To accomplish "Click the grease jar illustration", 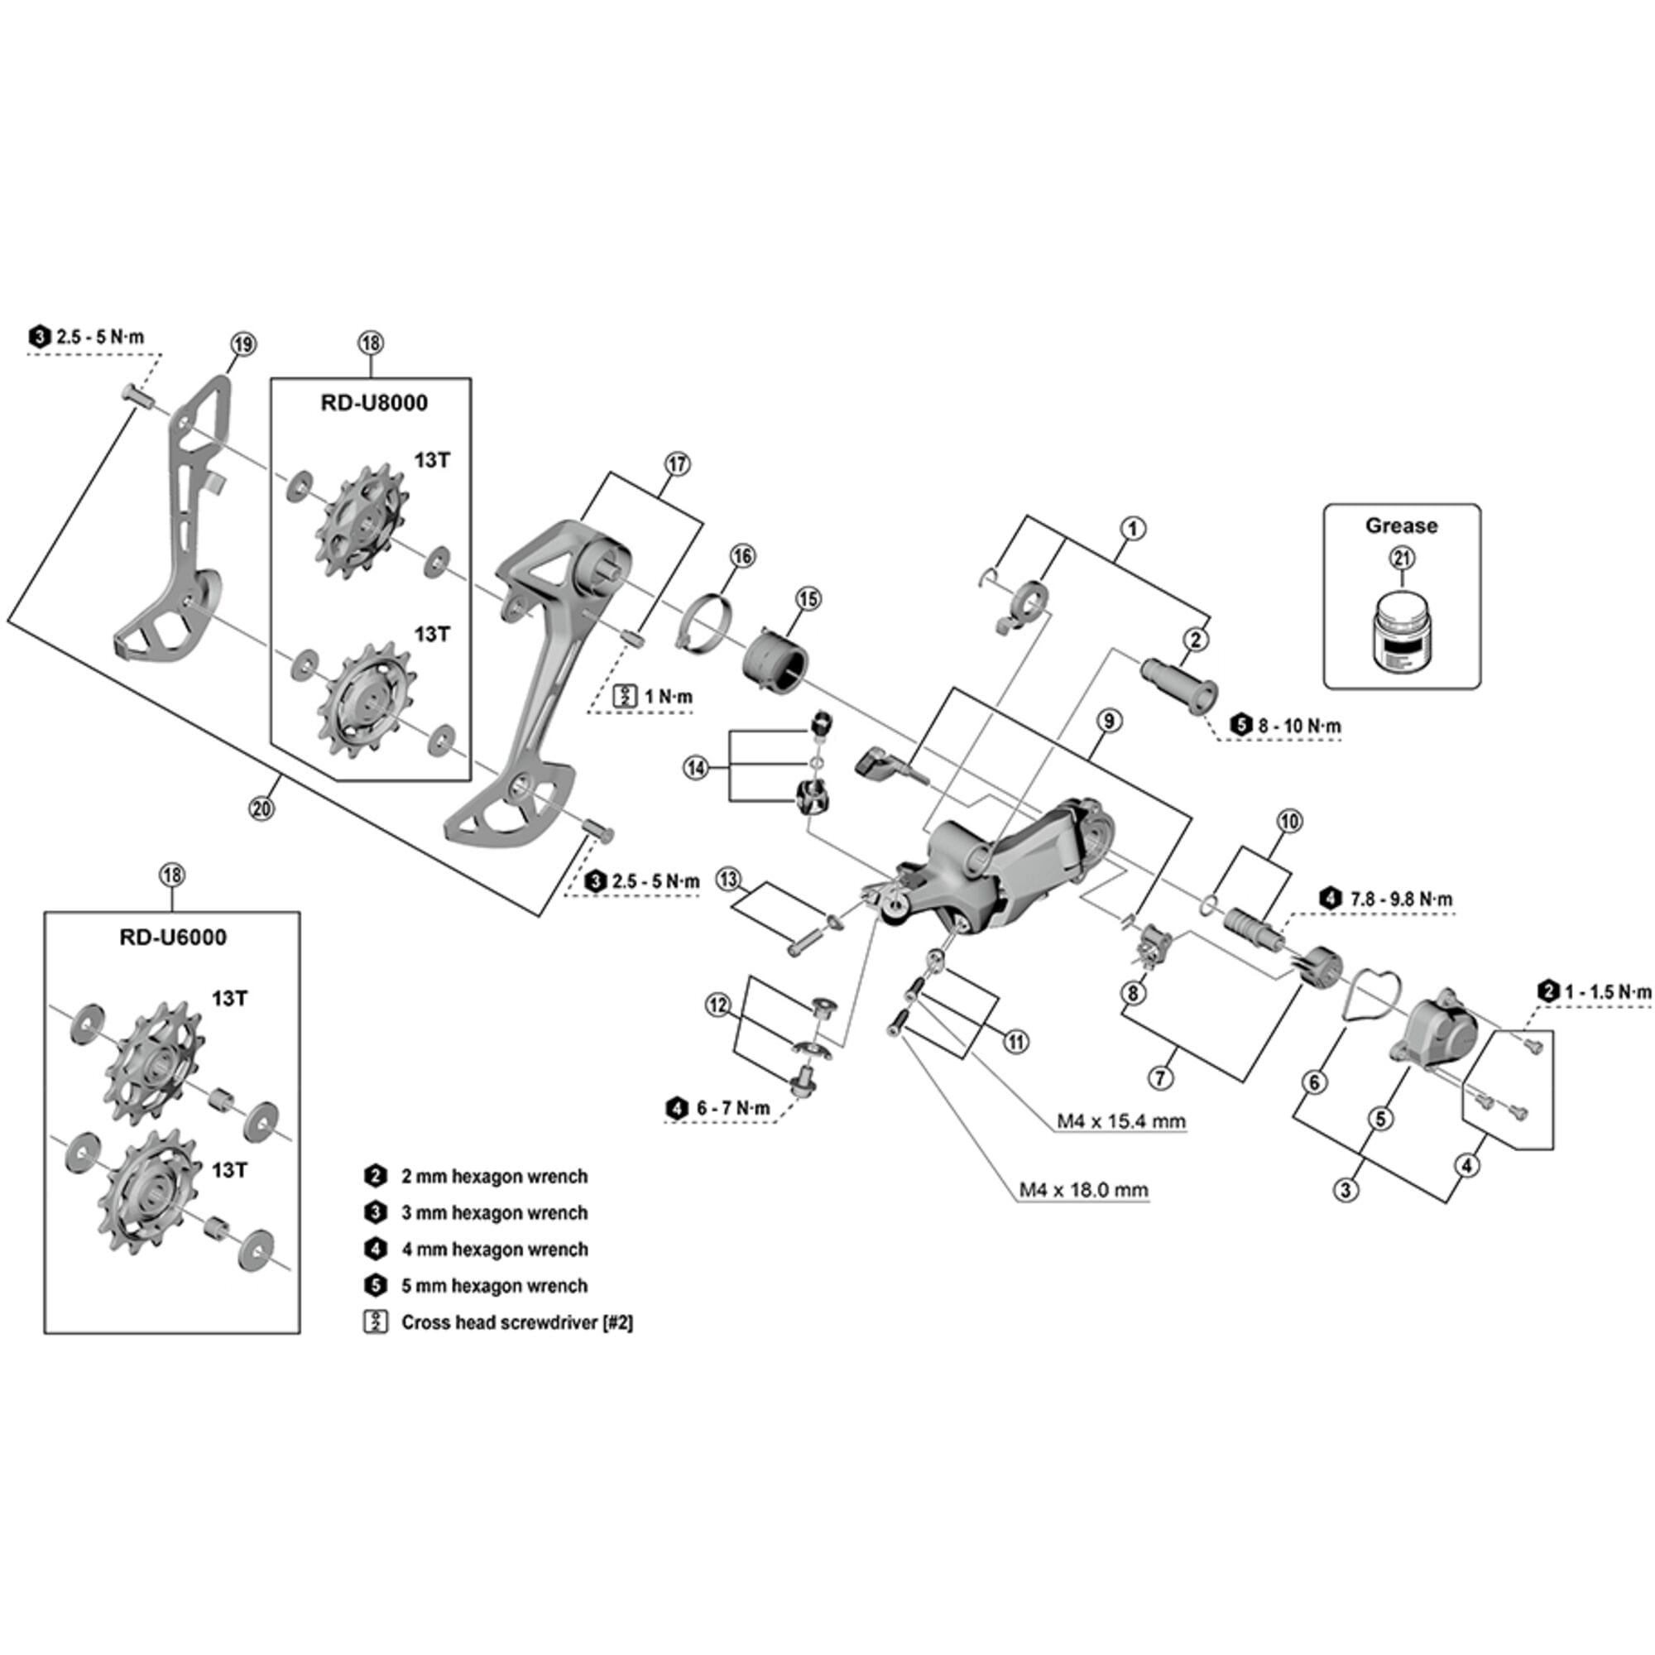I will click(1401, 635).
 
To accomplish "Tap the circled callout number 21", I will click(1402, 559).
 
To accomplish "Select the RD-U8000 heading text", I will click(374, 403).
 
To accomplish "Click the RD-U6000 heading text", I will click(173, 938).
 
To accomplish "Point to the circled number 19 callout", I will click(243, 344).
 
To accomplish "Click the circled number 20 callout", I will click(262, 807).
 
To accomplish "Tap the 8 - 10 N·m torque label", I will click(1298, 726).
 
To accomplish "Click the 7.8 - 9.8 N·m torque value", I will click(1401, 900).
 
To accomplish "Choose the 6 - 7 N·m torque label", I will click(732, 1109).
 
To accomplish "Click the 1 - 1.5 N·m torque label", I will click(1607, 992).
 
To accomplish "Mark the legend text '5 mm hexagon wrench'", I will click(494, 1286).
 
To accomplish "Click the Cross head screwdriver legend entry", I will click(516, 1322).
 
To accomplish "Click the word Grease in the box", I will click(1401, 526).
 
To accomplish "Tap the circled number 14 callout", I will click(696, 769).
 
